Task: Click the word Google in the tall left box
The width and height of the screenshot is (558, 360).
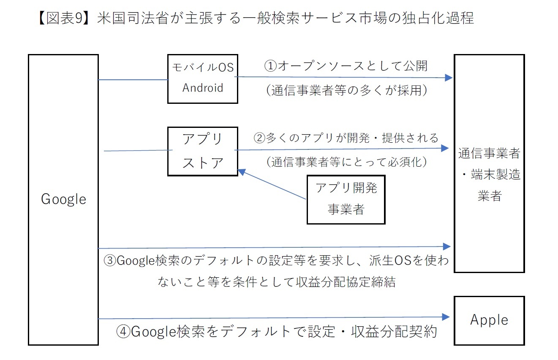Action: (63, 200)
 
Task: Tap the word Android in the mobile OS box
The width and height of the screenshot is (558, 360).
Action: (203, 88)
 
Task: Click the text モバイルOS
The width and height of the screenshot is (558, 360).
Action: (203, 67)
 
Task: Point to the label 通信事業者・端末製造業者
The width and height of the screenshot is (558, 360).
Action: (489, 174)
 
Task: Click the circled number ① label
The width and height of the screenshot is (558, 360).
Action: (270, 66)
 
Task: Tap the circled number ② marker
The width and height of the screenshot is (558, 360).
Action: (260, 138)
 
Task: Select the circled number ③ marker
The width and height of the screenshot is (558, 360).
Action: (110, 261)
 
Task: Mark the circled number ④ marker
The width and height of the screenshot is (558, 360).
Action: (123, 332)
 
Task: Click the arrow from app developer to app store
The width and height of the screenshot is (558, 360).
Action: (272, 184)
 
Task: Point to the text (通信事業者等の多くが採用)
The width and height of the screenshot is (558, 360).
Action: (346, 90)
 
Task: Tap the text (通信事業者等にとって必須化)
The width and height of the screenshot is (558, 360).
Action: (346, 162)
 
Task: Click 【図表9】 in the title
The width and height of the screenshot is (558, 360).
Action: (68, 18)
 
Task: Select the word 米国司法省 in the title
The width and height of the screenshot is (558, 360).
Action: (133, 18)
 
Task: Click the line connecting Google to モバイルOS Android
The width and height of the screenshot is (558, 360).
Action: (133, 80)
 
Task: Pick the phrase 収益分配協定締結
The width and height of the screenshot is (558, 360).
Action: (346, 282)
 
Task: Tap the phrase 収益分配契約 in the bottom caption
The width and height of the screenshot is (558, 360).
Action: (394, 332)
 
